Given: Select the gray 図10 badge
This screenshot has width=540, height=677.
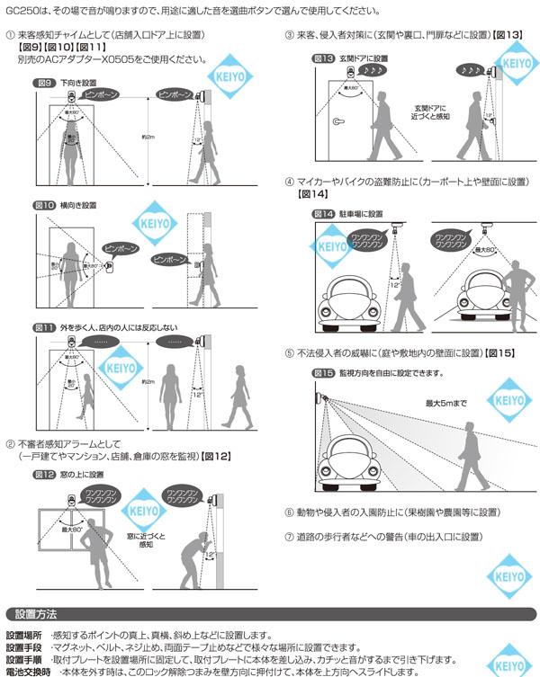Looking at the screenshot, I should click(x=45, y=205).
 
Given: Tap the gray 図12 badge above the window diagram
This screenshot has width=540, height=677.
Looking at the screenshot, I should click(x=45, y=474).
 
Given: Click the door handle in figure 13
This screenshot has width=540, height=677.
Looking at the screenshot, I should click(x=337, y=123).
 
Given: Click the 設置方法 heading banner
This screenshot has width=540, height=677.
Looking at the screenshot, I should click(x=36, y=615).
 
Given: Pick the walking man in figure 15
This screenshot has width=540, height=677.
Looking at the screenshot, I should click(x=465, y=451).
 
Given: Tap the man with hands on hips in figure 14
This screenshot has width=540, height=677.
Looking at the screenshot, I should click(x=516, y=288).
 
